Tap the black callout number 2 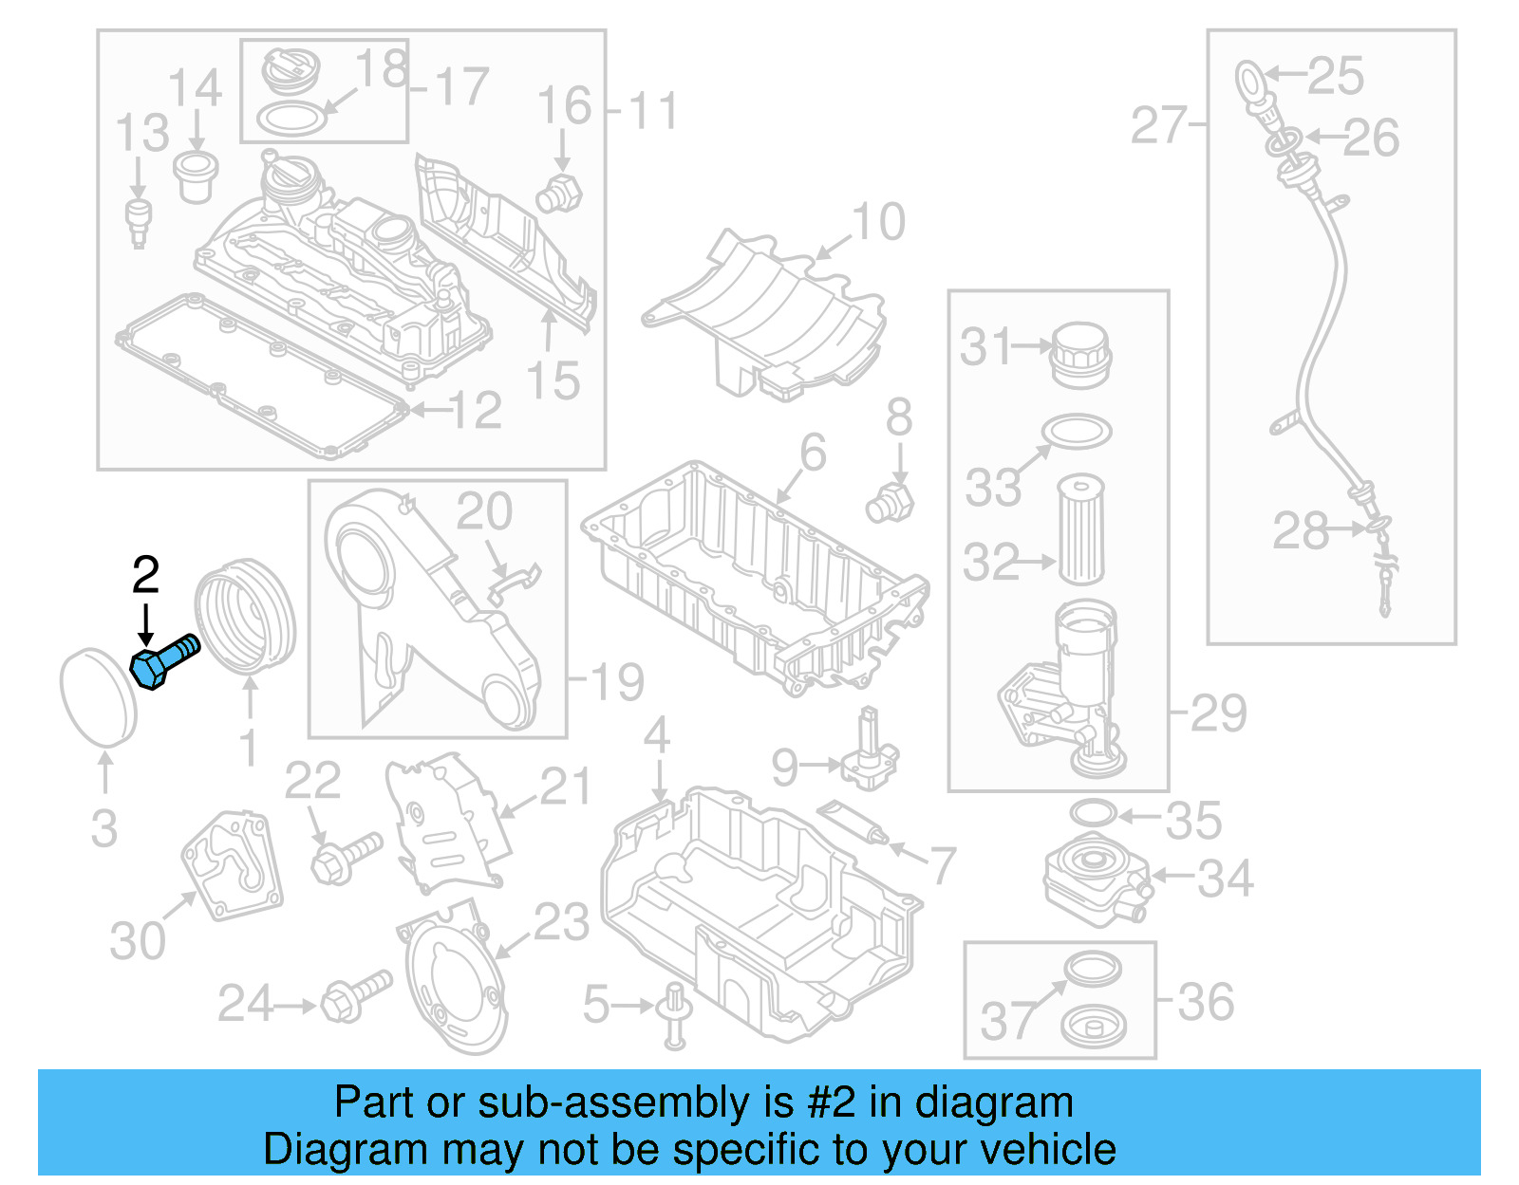tap(145, 576)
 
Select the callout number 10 tap(878, 223)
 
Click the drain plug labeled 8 tap(890, 503)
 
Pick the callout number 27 tap(1158, 126)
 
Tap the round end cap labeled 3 tap(98, 696)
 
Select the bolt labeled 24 tap(356, 996)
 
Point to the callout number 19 tap(617, 682)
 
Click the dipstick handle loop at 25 tap(1249, 80)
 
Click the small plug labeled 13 tap(139, 222)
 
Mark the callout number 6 tap(813, 454)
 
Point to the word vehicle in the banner tap(1047, 1150)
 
